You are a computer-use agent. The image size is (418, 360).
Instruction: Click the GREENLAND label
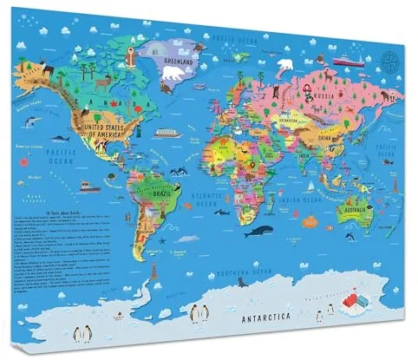176,62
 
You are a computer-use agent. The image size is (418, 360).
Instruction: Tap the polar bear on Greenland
173,75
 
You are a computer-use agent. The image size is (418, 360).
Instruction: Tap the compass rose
389,61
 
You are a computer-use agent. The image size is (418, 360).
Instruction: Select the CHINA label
325,136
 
